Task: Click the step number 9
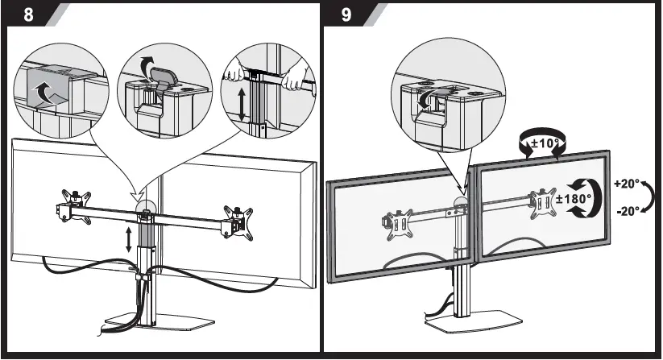click(x=346, y=16)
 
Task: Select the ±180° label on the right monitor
click(x=574, y=198)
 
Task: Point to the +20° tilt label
click(x=627, y=183)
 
